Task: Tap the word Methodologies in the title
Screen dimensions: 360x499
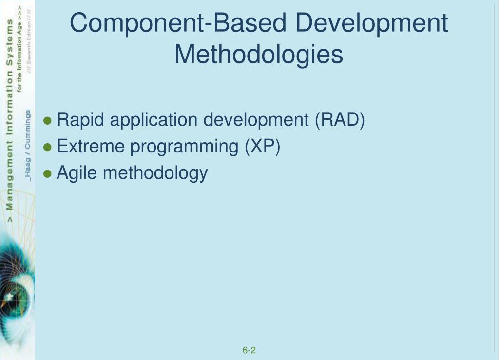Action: click(x=259, y=54)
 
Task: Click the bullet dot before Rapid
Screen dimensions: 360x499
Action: click(x=48, y=121)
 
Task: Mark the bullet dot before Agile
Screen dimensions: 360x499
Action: click(x=48, y=174)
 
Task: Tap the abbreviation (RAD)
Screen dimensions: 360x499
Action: click(x=340, y=120)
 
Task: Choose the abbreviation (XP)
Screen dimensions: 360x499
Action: click(x=263, y=146)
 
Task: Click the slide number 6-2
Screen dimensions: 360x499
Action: click(x=249, y=350)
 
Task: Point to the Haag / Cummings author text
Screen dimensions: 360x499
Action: click(x=28, y=146)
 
